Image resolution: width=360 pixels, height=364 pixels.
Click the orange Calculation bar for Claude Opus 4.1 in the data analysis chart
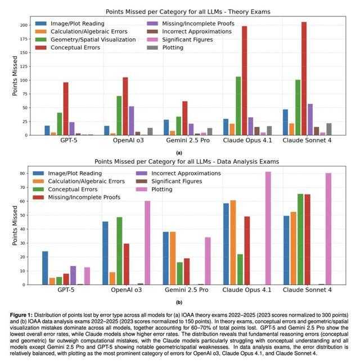pos(233,242)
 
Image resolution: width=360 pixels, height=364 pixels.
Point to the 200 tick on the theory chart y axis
pos(24,25)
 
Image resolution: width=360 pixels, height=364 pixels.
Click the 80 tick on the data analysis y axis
pos(24,174)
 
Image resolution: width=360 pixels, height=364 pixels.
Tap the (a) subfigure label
pos(179,152)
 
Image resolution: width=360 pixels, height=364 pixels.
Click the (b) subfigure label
pos(179,302)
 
